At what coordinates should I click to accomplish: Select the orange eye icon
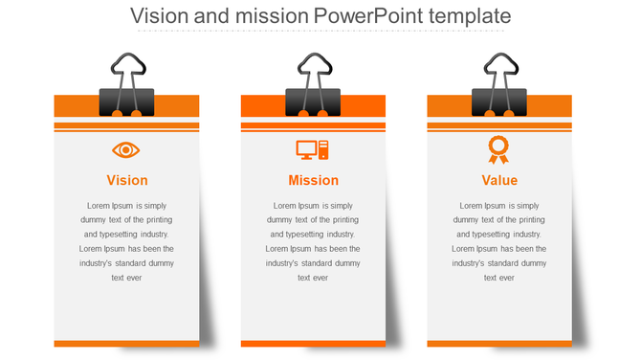click(126, 149)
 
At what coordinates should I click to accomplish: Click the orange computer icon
click(313, 149)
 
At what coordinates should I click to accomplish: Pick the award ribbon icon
click(498, 149)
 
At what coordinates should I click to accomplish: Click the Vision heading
click(127, 180)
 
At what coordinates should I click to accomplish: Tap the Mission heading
click(314, 180)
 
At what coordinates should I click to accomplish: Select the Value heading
click(499, 180)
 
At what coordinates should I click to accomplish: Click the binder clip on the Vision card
click(126, 101)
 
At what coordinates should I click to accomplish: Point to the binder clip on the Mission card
click(313, 101)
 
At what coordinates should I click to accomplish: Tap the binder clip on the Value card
click(498, 101)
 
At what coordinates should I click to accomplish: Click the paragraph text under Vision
click(127, 241)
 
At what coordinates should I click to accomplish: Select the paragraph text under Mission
click(314, 241)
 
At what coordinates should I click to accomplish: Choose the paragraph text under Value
click(499, 241)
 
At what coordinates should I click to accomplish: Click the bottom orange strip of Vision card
click(126, 343)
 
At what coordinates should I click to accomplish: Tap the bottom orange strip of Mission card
click(313, 343)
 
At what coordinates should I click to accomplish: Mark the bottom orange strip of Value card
click(499, 343)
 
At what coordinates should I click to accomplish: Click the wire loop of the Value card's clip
click(498, 68)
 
